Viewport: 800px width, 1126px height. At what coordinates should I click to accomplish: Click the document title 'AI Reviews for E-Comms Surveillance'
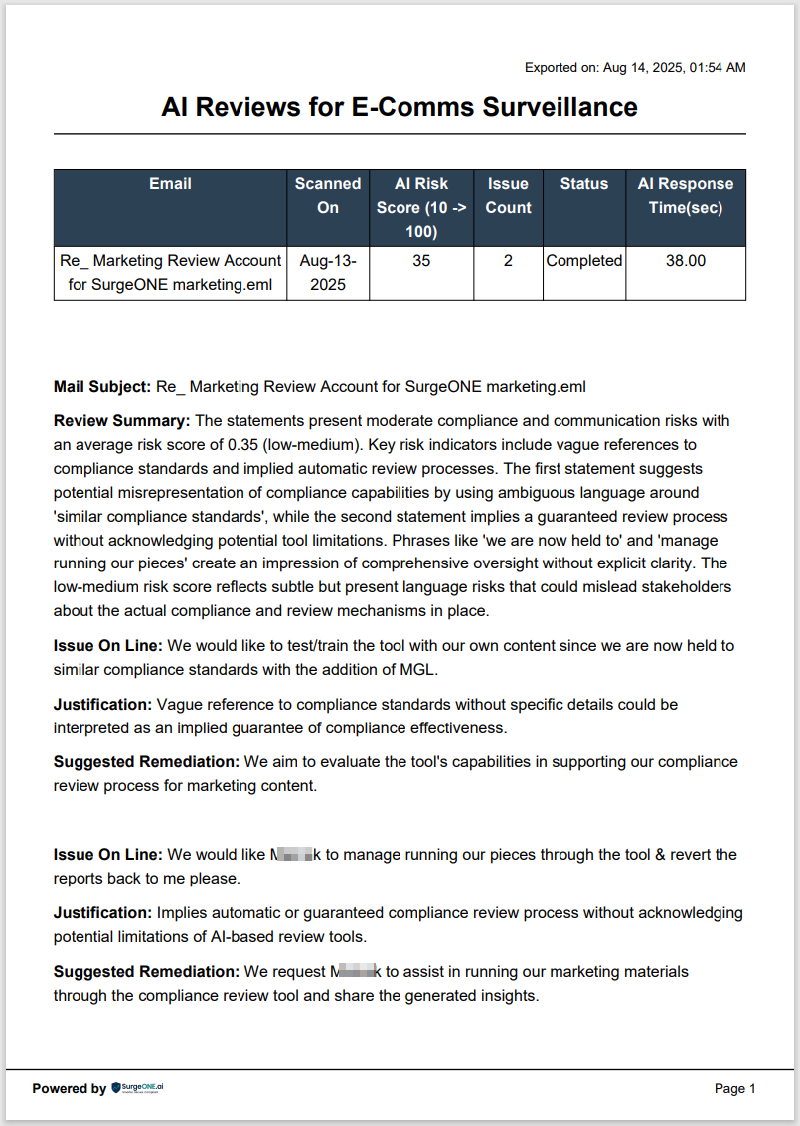click(400, 107)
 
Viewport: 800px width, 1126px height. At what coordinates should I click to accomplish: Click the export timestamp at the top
click(635, 68)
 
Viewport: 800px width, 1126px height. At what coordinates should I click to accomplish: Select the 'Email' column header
click(170, 184)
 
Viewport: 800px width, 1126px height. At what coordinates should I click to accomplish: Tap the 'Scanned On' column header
click(328, 195)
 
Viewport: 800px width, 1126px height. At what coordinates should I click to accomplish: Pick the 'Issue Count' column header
click(508, 195)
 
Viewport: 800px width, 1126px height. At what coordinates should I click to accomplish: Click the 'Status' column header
click(584, 184)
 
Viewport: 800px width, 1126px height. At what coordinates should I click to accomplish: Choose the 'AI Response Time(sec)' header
click(686, 195)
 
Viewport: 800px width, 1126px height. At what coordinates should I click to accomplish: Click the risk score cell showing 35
click(421, 261)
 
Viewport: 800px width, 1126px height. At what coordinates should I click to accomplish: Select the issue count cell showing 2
click(508, 261)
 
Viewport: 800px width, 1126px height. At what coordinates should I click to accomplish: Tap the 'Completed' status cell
click(584, 261)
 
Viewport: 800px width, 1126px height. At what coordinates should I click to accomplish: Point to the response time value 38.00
click(686, 261)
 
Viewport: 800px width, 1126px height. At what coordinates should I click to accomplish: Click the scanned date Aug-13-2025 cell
click(328, 272)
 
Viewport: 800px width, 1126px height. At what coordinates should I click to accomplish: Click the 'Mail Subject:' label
click(102, 386)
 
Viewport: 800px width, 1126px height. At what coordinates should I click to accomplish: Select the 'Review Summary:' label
click(121, 420)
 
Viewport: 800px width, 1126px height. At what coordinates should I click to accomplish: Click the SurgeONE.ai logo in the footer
click(138, 1088)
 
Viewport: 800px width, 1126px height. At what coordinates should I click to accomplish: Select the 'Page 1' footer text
click(735, 1088)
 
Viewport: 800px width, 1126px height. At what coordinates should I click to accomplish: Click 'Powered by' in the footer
click(69, 1088)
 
